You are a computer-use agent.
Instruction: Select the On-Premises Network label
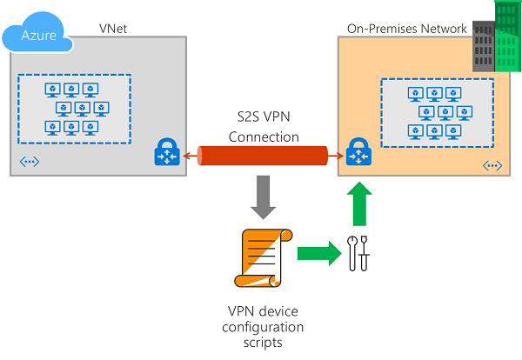pos(407,29)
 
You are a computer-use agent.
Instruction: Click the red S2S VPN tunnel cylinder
pos(264,156)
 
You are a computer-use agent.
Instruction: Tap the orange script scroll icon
pos(262,257)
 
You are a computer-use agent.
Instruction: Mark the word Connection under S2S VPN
pos(264,137)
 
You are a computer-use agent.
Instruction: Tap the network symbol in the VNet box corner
pos(29,161)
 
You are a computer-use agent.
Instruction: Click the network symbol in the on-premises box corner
pos(492,165)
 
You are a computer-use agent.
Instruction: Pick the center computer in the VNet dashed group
pos(81,109)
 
